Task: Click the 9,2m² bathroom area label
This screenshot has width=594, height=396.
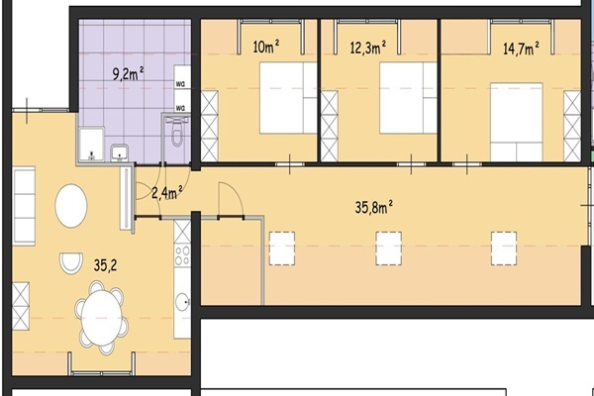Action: click(x=129, y=73)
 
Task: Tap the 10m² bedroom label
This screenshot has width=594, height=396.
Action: click(x=266, y=47)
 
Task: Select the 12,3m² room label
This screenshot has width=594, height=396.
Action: click(x=368, y=48)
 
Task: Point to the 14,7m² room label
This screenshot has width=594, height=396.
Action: click(x=521, y=49)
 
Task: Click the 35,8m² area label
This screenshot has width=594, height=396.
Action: click(x=373, y=207)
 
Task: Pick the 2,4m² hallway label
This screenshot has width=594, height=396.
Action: click(x=167, y=192)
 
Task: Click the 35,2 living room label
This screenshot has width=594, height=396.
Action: click(x=105, y=265)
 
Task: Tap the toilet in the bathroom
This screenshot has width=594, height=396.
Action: click(x=176, y=131)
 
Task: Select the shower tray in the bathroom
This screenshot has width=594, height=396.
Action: click(x=91, y=145)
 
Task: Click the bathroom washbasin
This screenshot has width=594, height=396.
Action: click(x=120, y=153)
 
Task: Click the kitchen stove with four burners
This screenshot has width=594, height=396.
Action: click(x=182, y=255)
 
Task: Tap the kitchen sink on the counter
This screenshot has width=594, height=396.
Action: click(x=183, y=302)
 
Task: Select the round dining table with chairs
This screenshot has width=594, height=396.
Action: click(x=102, y=318)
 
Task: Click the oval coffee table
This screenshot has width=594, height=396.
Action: click(x=71, y=206)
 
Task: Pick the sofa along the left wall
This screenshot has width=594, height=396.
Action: click(x=24, y=206)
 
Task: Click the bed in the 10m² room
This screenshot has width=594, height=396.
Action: click(x=288, y=98)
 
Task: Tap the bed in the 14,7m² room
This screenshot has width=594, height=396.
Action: click(x=517, y=122)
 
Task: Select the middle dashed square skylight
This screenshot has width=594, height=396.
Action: click(x=389, y=248)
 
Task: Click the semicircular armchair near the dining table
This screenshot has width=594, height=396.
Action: click(x=71, y=263)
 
